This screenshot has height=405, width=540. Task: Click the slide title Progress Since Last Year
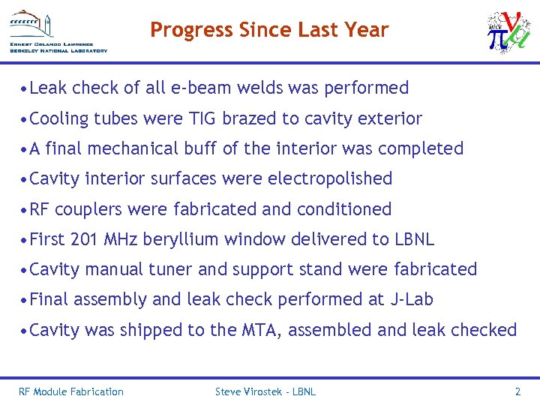point(269,30)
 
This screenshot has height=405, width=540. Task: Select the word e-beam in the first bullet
point(202,88)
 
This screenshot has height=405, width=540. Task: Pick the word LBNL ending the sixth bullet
point(414,239)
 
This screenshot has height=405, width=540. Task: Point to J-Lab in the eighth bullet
point(412,300)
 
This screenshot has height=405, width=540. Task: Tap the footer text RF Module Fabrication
point(71,391)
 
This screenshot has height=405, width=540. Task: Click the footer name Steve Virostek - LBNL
point(265,391)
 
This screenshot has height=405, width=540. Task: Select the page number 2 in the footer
point(517,391)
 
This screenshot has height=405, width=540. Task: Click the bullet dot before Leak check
point(25,88)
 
